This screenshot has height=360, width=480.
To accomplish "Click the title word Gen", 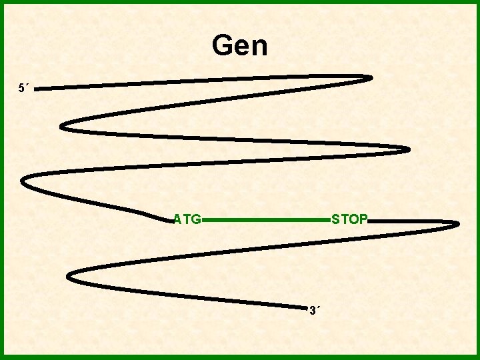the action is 239,46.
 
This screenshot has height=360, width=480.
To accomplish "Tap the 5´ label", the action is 23,87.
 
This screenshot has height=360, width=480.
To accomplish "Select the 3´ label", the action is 314,310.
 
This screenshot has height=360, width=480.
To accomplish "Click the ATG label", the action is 187,219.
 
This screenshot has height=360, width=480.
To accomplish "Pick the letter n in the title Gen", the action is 259,48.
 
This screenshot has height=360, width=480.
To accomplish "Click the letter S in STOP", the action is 336,219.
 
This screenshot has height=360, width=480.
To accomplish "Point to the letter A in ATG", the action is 177,219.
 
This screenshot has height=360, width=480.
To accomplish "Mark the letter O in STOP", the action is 354,219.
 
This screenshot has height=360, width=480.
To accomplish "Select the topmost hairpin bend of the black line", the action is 371,77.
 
